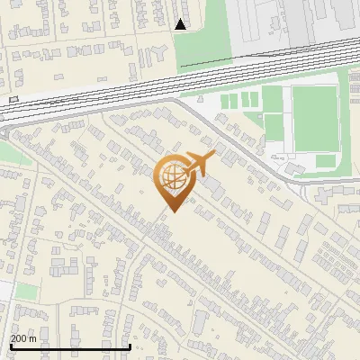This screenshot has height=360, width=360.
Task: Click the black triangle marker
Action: pos(181,24)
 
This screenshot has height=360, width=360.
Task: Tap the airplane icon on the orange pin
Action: pos(197,165)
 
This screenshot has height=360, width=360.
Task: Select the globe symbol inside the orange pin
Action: pos(171,178)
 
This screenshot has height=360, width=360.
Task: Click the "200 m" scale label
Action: pos(23,338)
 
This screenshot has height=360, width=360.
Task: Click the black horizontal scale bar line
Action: pos(70,346)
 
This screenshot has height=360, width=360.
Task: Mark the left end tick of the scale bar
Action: pos(10,345)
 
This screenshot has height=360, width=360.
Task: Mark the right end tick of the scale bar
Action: pos(130,345)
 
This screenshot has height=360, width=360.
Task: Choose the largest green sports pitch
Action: pos(314,118)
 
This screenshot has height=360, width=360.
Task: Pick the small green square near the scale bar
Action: pos(28,292)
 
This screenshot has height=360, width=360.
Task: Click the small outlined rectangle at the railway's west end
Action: pos(13,98)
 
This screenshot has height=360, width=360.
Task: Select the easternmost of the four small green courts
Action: pos(254,97)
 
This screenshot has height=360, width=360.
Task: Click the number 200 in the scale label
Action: pos(19,338)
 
